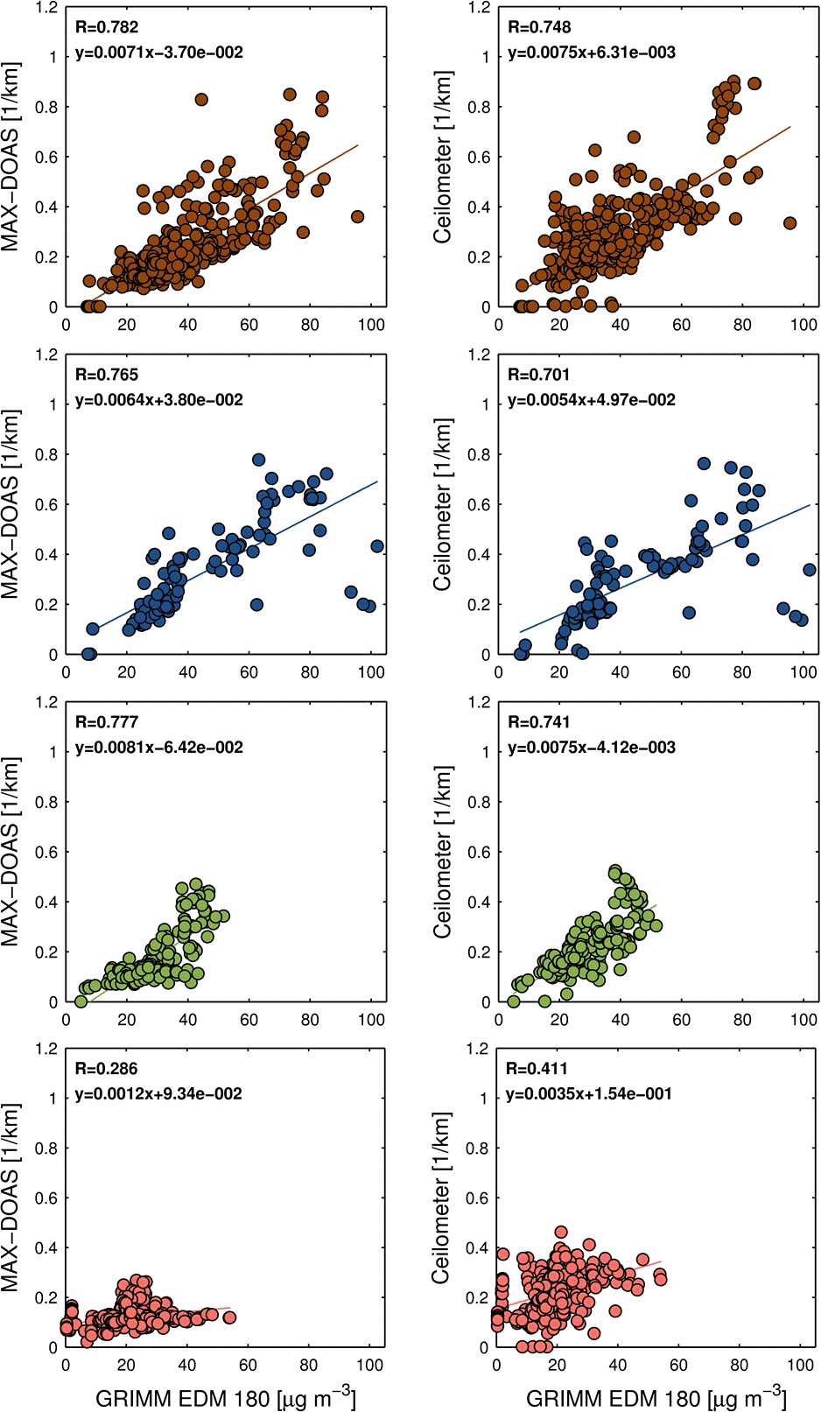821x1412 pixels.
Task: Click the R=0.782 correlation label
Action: pos(106,27)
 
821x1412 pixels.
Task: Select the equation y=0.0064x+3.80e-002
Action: pos(158,400)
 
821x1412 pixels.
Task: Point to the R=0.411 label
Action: pos(537,1069)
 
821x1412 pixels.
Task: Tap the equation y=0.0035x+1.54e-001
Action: pos(589,1094)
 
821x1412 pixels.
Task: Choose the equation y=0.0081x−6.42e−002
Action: pos(158,748)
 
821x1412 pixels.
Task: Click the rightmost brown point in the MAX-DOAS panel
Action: pos(357,216)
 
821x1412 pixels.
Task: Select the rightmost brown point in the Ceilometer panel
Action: pos(789,223)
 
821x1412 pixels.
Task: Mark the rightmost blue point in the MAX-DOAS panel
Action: pos(377,546)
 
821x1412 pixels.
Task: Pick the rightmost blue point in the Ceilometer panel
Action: pos(810,570)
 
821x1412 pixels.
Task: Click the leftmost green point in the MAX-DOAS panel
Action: pos(81,1001)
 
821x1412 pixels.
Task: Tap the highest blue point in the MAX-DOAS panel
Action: pos(258,460)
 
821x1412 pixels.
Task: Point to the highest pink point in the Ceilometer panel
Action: pos(561,1232)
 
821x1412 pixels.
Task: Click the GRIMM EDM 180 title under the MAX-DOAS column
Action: pos(225,1398)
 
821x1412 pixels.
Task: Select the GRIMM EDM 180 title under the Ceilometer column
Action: pos(656,1398)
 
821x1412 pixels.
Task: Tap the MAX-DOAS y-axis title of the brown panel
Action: pos(11,157)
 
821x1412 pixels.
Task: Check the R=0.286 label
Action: pos(106,1069)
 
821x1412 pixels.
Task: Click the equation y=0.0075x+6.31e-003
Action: pos(592,53)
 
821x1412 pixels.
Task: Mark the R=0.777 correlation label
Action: pos(106,722)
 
